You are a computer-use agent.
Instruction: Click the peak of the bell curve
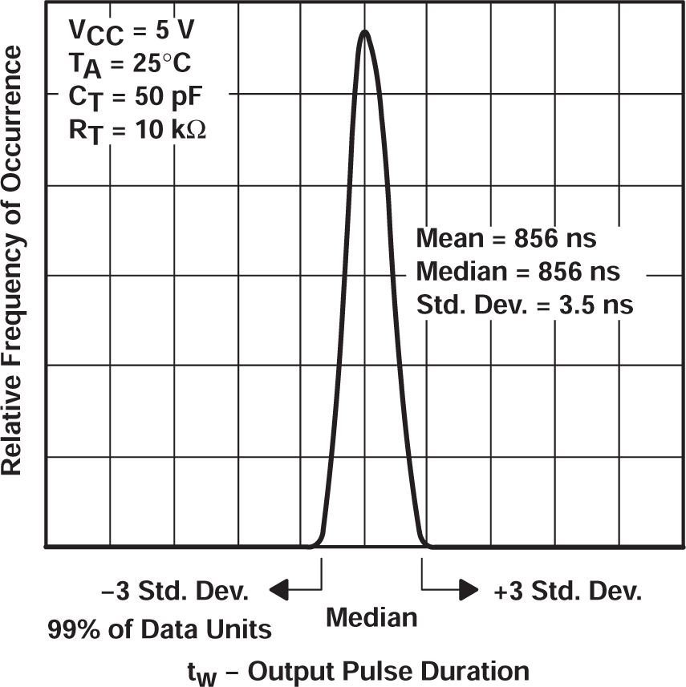[x=365, y=33]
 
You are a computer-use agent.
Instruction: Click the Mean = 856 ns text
[x=506, y=239]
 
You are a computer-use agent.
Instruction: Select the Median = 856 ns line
[x=518, y=272]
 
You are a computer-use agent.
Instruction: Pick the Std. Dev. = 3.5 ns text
[x=525, y=305]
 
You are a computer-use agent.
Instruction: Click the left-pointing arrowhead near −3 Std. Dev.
[x=279, y=592]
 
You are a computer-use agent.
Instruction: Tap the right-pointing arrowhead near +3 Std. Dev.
[x=467, y=592]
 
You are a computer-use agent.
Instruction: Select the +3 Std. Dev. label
[x=568, y=592]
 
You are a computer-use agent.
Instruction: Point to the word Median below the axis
[x=371, y=618]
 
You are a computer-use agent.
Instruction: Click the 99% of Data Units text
[x=158, y=629]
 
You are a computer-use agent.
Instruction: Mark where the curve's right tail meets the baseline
[x=428, y=547]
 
